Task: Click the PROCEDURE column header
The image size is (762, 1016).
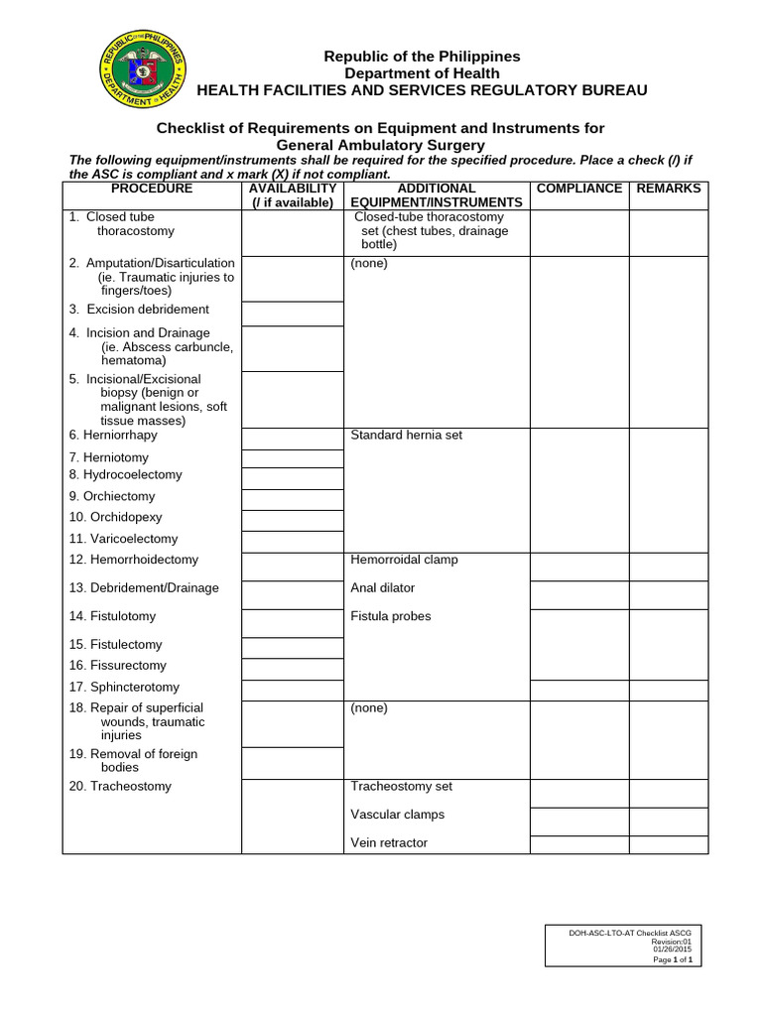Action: point(152,189)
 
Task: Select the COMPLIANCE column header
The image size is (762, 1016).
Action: point(578,189)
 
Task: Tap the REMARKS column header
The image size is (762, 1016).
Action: point(668,189)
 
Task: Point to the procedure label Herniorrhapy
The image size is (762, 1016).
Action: point(113,436)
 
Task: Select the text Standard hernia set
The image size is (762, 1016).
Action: point(406,436)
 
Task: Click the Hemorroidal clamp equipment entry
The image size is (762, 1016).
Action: point(404,560)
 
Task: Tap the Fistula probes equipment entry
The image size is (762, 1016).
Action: point(391,616)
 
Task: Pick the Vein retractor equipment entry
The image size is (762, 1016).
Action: point(389,843)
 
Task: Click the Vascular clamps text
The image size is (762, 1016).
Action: point(397,815)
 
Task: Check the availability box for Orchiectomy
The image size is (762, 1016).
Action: point(292,499)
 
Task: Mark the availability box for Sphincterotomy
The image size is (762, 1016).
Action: point(292,691)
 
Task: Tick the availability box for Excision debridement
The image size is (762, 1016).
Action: point(292,314)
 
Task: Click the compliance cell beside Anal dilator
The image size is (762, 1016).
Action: point(578,594)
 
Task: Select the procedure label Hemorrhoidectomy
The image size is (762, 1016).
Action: point(134,561)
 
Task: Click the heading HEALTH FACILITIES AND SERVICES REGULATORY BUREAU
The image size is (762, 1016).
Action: point(422,90)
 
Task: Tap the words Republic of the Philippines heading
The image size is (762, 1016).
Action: point(422,57)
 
